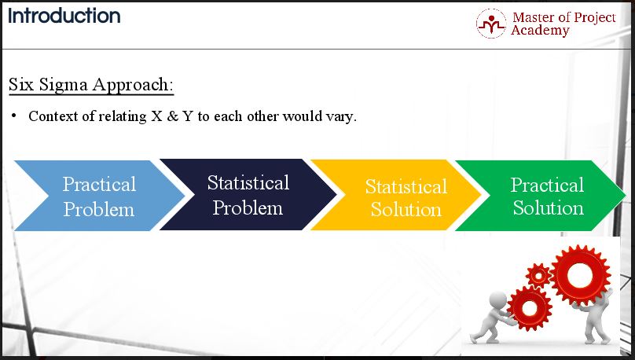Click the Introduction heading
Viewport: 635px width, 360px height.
tap(64, 17)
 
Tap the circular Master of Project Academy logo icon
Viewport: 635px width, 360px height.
tap(491, 24)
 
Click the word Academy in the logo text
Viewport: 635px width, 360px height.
tap(540, 31)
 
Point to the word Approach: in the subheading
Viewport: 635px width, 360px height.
tap(133, 86)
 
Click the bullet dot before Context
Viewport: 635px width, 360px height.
tap(14, 116)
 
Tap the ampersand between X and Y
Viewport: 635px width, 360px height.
tap(173, 116)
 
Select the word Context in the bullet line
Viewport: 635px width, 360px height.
tap(53, 116)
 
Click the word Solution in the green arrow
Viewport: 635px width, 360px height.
tap(549, 208)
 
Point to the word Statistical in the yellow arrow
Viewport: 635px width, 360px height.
tap(406, 187)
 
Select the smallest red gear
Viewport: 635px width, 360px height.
tap(538, 276)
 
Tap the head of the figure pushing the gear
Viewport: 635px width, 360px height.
tap(498, 301)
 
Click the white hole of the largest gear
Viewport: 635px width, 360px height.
tap(580, 275)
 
